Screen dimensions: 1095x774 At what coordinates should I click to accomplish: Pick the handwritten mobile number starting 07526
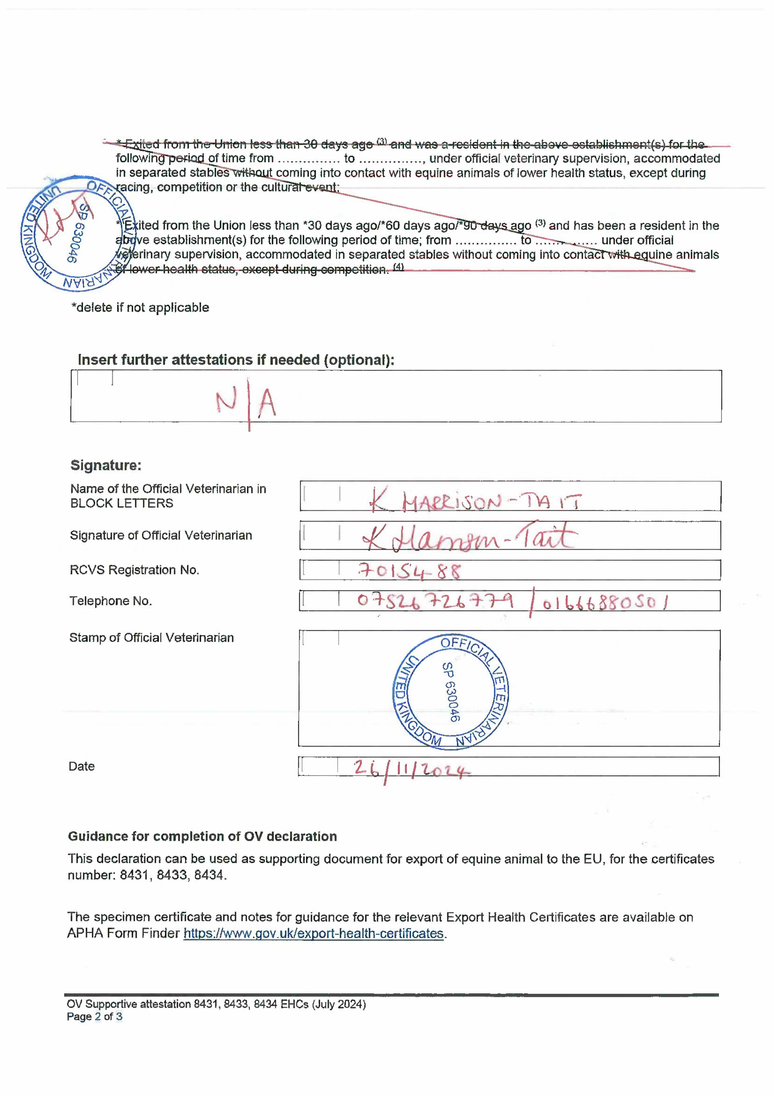pyautogui.click(x=435, y=601)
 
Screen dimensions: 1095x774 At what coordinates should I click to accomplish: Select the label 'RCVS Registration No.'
pyautogui.click(x=134, y=570)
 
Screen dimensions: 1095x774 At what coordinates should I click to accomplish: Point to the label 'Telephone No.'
pyautogui.click(x=111, y=601)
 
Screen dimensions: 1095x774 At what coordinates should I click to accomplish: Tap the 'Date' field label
pyautogui.click(x=81, y=766)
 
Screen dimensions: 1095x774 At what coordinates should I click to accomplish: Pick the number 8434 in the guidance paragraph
pyautogui.click(x=208, y=875)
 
